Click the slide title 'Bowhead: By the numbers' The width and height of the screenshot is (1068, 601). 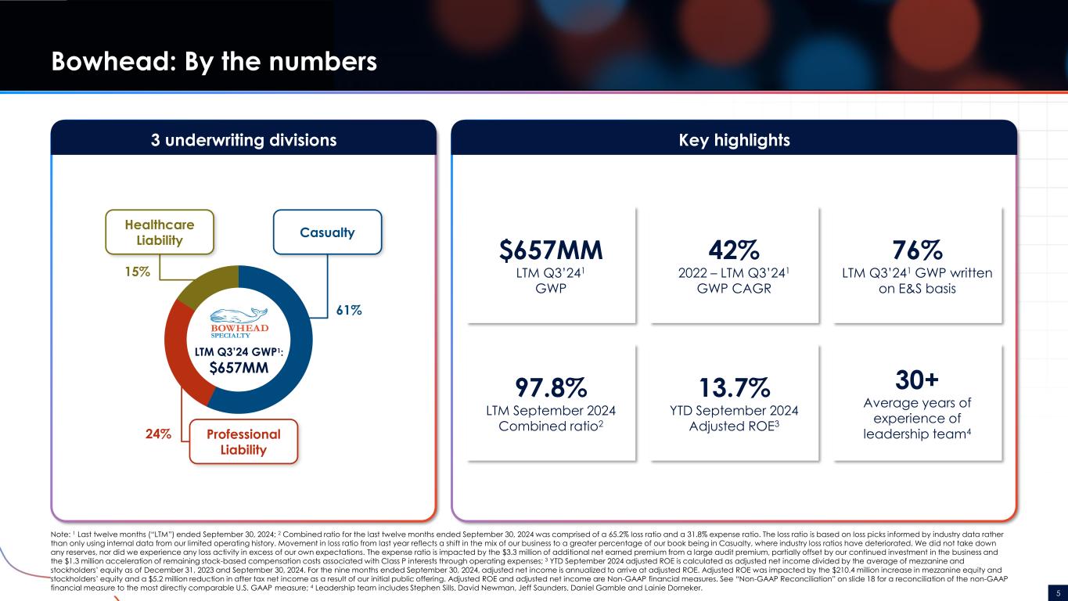(214, 61)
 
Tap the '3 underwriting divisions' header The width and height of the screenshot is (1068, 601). (243, 140)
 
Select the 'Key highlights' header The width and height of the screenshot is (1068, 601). (734, 140)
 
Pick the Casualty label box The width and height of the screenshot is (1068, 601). (326, 232)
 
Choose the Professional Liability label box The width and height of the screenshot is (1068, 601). (243, 441)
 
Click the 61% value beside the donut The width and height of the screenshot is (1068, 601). (349, 310)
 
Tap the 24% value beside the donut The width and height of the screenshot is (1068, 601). (159, 433)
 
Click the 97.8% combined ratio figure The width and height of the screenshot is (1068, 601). (552, 389)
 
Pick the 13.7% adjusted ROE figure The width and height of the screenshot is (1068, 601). (734, 389)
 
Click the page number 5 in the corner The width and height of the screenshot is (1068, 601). (1058, 590)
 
